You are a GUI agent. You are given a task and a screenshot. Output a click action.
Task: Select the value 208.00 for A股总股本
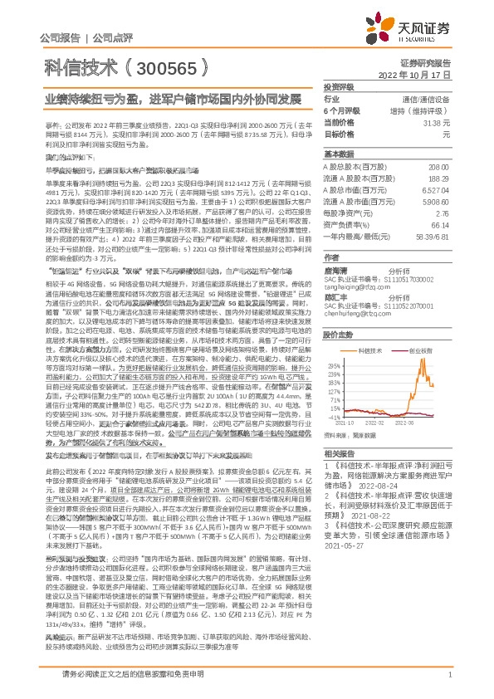coord(440,167)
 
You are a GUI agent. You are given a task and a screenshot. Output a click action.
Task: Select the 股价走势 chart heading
coord(338,335)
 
